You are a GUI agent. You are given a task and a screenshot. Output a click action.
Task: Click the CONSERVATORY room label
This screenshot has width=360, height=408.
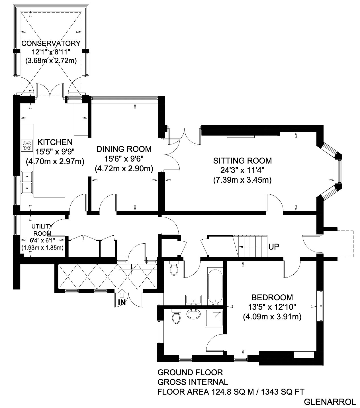[51, 43]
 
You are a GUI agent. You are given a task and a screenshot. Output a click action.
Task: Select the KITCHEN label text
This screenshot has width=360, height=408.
[55, 142]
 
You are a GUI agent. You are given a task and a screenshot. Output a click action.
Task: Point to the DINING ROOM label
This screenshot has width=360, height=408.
[124, 149]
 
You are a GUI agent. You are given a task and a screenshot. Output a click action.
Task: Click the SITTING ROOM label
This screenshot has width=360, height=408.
[242, 161]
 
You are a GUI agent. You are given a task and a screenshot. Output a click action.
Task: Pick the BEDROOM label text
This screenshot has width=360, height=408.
[272, 297]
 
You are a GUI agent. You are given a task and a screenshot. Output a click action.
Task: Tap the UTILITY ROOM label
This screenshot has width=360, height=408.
[42, 230]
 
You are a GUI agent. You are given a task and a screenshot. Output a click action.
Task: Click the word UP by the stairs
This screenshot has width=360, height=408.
[274, 247]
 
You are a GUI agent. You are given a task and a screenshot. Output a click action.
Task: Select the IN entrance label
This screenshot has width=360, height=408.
[122, 302]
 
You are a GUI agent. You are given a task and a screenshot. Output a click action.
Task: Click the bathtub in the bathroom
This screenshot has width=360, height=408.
[215, 286]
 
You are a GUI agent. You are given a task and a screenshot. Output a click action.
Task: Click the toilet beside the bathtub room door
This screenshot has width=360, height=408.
[174, 268]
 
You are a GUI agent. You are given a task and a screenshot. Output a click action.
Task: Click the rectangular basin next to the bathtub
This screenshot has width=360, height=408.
[193, 300]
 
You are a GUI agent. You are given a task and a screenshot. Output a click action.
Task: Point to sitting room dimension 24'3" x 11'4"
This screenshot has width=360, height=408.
[242, 170]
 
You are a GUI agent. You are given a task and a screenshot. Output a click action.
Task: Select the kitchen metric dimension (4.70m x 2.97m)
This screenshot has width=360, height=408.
[55, 162]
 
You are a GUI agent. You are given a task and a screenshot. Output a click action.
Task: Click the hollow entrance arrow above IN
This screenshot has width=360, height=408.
[122, 294]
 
